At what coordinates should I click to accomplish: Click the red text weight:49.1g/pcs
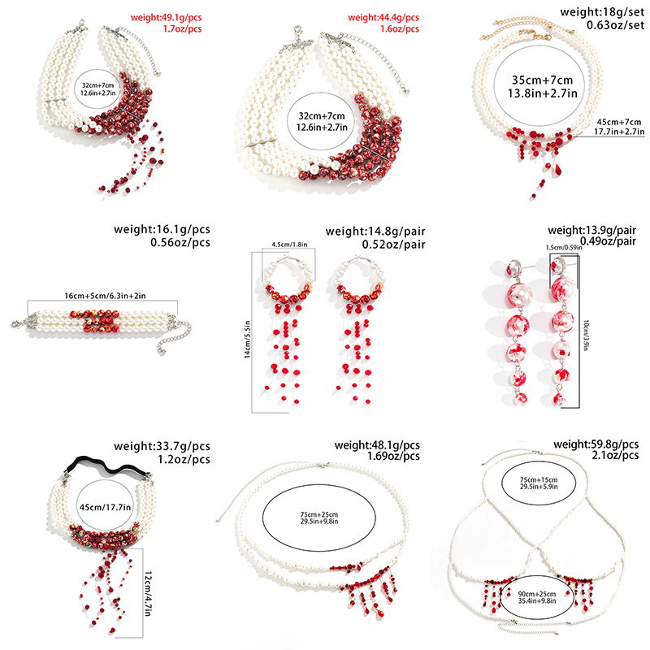167,16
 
